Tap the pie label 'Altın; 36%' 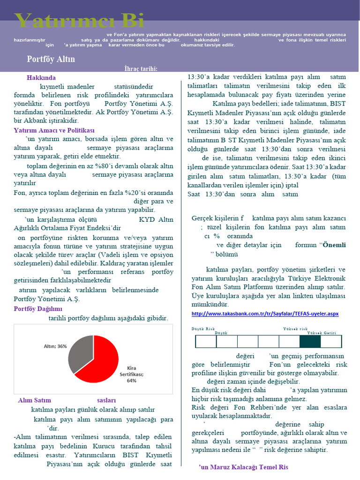(55, 346)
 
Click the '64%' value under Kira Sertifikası (131, 381)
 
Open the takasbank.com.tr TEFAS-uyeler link (265, 313)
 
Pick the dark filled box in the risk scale (310, 341)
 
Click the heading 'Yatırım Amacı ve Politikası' (54, 130)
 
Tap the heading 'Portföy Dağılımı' (38, 309)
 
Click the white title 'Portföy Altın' (51, 60)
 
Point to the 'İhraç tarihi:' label (141, 69)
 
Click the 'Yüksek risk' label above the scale (295, 329)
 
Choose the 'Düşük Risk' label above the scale (203, 329)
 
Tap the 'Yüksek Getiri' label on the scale (322, 333)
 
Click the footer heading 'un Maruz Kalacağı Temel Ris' (244, 467)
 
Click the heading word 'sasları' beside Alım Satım (106, 400)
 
